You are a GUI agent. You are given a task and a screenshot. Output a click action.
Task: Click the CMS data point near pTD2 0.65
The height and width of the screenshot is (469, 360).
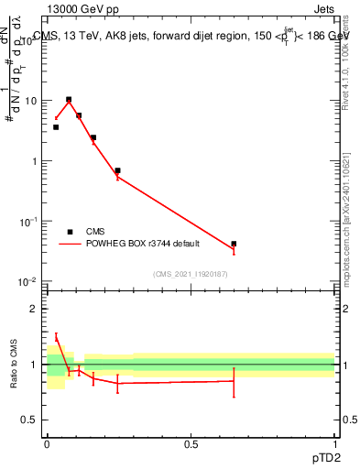tap(234, 244)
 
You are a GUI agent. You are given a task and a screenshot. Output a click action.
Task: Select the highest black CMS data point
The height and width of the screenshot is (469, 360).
tap(69, 99)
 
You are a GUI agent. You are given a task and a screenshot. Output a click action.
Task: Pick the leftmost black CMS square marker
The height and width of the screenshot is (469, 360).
tap(56, 127)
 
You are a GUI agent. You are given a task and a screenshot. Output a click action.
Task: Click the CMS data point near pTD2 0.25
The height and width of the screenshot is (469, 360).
tap(117, 170)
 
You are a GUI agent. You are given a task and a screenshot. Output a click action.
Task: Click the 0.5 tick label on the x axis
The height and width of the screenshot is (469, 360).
tap(191, 444)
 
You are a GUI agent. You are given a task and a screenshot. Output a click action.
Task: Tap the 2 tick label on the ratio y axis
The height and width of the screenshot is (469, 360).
tap(36, 309)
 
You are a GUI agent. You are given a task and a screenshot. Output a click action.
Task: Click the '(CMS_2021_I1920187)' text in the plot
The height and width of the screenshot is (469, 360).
tap(191, 274)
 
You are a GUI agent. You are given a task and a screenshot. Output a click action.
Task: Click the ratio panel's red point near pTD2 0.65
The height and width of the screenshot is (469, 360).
tap(234, 381)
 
